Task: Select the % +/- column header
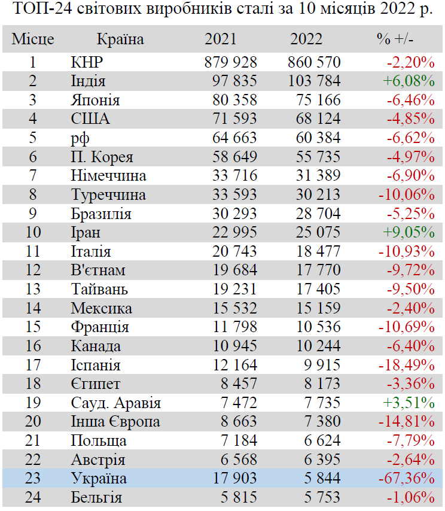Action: [395, 39]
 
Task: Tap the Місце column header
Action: [33, 39]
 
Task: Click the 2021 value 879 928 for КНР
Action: [230, 62]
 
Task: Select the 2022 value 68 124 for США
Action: [318, 118]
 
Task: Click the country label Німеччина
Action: [108, 176]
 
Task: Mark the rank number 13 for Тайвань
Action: [33, 289]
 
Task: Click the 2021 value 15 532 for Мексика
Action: [234, 308]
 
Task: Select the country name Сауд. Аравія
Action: [115, 403]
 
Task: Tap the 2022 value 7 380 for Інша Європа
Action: [323, 422]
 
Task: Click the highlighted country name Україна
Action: [99, 479]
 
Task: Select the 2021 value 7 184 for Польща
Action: [239, 441]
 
